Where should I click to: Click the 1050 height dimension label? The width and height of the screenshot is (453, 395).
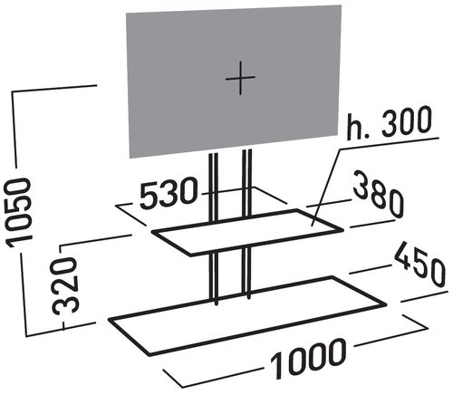coord(19,212)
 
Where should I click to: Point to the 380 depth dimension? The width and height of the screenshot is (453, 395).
coord(379,194)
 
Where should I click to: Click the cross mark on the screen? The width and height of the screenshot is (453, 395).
coord(240,78)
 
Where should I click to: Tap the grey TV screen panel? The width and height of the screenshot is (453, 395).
coord(234,82)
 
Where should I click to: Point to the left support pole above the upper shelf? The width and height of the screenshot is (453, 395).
coord(213,188)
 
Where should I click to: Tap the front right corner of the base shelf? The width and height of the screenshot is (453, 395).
coord(386,304)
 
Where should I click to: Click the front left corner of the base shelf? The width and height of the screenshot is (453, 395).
coord(149,354)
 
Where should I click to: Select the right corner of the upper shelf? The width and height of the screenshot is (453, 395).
coord(343,230)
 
